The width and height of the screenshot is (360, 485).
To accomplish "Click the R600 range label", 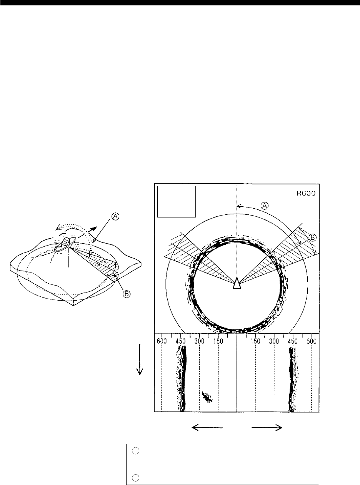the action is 306,194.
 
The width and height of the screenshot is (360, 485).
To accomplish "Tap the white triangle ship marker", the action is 237,283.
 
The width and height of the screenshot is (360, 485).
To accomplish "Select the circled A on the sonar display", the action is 265,206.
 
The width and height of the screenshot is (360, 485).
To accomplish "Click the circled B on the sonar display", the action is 313,238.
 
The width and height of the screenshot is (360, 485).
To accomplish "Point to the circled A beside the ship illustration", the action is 115,216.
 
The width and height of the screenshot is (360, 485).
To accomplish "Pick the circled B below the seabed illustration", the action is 126,294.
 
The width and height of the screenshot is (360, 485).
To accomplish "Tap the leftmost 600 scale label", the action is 162,341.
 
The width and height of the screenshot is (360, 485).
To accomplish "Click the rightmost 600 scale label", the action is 312,341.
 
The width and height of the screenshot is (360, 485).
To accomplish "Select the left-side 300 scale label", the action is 199,341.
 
